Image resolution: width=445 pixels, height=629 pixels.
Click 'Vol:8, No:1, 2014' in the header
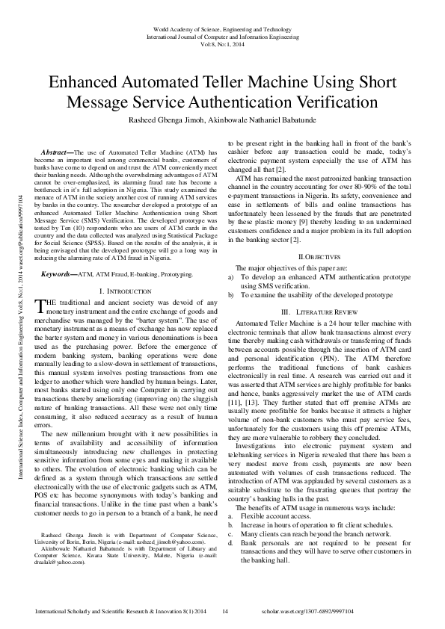click(222, 44)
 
